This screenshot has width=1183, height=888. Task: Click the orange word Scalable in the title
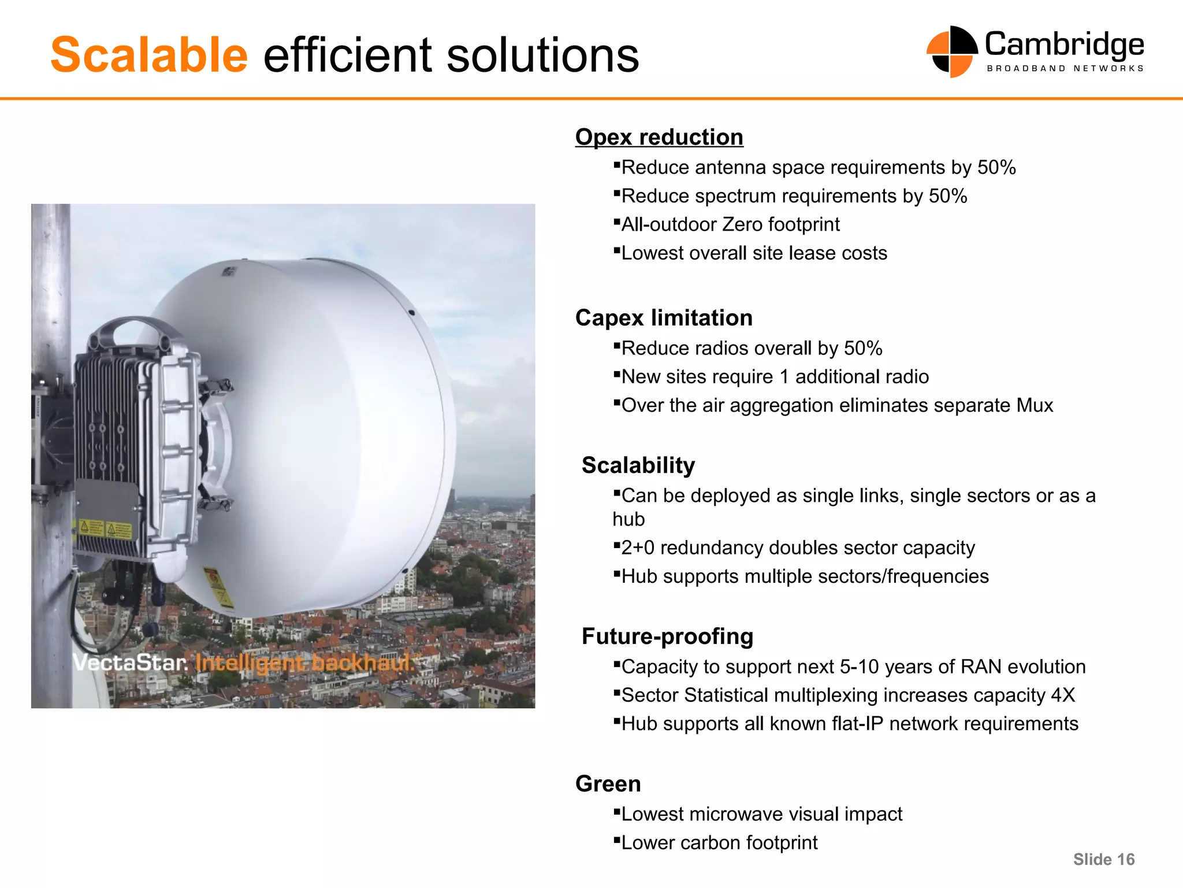click(x=149, y=55)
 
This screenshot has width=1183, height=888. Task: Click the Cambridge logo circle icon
click(x=951, y=52)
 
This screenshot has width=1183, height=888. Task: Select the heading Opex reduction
click(x=659, y=138)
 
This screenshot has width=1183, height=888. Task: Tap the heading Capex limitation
click(x=664, y=318)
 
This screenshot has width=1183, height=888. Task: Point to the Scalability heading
click(x=638, y=465)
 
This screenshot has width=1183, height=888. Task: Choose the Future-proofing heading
click(x=667, y=637)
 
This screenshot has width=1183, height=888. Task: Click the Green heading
click(x=608, y=784)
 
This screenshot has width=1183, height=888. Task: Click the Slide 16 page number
click(x=1103, y=860)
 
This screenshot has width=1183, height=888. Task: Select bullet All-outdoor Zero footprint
click(x=730, y=224)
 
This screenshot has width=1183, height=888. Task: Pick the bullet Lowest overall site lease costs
click(x=754, y=253)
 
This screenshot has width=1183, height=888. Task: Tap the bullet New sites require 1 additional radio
click(x=775, y=377)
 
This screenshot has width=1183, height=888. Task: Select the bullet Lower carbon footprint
click(x=719, y=843)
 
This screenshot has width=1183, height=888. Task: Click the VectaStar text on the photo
click(x=130, y=663)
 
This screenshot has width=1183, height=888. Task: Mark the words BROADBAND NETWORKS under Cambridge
click(x=1065, y=68)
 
